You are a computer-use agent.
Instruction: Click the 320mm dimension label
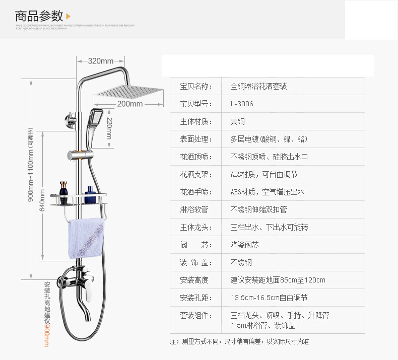[x=101, y=61]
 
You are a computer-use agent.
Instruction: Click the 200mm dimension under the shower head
[x=129, y=104]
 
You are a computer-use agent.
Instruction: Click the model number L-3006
[x=242, y=104]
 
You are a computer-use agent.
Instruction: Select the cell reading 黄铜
[x=238, y=122]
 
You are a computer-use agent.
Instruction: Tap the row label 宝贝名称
[x=193, y=87]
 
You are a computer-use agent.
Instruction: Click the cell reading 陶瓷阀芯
[x=244, y=245]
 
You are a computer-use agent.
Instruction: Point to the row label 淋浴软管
[x=193, y=210]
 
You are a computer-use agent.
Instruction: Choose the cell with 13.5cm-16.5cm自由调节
[x=269, y=298]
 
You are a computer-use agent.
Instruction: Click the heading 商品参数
[x=39, y=15]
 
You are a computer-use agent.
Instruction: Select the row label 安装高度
[x=193, y=280]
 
